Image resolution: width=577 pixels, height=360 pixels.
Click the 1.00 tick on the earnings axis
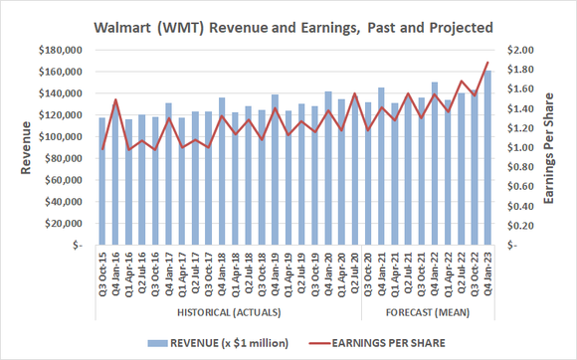coord(521,148)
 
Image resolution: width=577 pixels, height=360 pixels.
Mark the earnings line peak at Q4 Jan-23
coord(486,63)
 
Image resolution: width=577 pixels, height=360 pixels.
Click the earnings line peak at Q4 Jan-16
coord(115,99)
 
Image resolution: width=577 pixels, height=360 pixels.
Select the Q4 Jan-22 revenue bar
coord(434,164)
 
